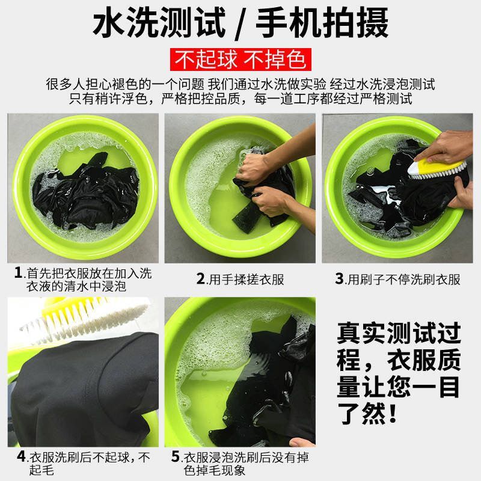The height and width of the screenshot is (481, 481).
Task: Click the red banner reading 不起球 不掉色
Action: [x=240, y=60]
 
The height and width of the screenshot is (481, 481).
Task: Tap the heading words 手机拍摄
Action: [x=322, y=24]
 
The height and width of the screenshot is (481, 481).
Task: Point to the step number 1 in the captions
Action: [x=18, y=273]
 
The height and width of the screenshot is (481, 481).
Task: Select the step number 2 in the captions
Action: [x=201, y=279]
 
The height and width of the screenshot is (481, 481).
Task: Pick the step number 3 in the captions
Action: [x=339, y=279]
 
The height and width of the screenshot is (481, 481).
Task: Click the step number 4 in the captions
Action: [x=21, y=456]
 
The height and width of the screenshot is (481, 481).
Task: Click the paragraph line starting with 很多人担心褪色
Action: [x=240, y=84]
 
